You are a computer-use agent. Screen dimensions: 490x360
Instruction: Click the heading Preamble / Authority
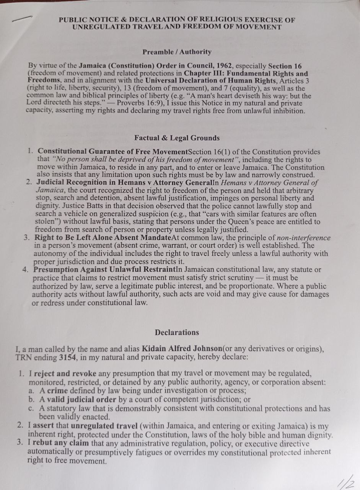177,52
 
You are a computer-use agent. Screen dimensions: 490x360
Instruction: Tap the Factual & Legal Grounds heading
177,138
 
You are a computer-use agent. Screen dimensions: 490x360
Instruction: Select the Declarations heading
177,333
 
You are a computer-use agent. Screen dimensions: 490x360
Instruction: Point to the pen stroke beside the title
22,18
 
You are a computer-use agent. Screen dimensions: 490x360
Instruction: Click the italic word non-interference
303,238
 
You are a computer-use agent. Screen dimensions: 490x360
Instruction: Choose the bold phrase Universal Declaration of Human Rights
211,81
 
